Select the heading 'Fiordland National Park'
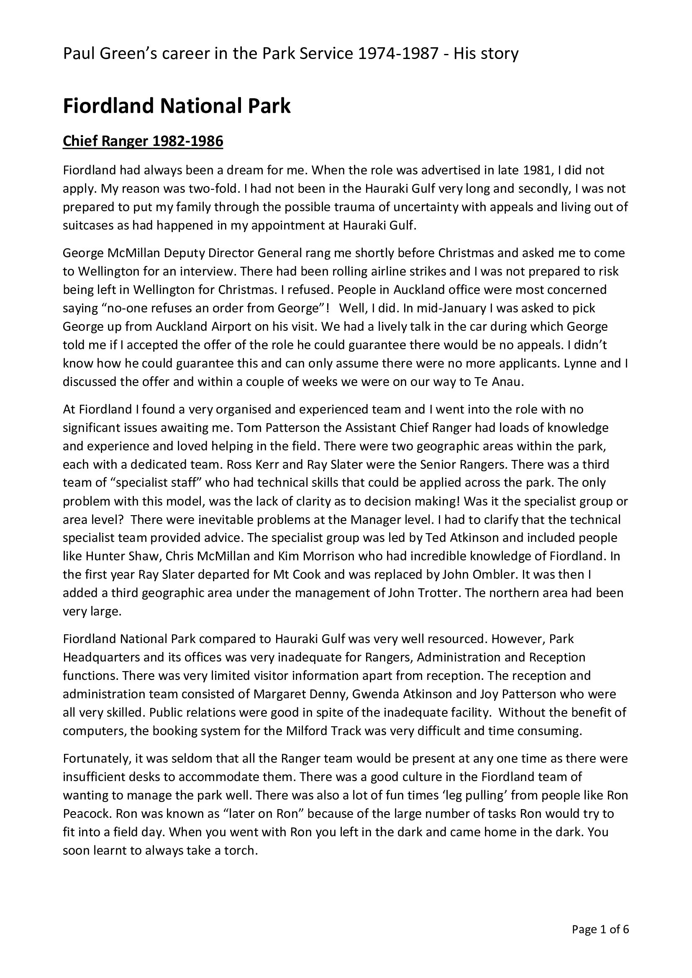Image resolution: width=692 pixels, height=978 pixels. click(177, 107)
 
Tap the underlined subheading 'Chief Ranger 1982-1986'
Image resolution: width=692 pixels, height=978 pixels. click(143, 141)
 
